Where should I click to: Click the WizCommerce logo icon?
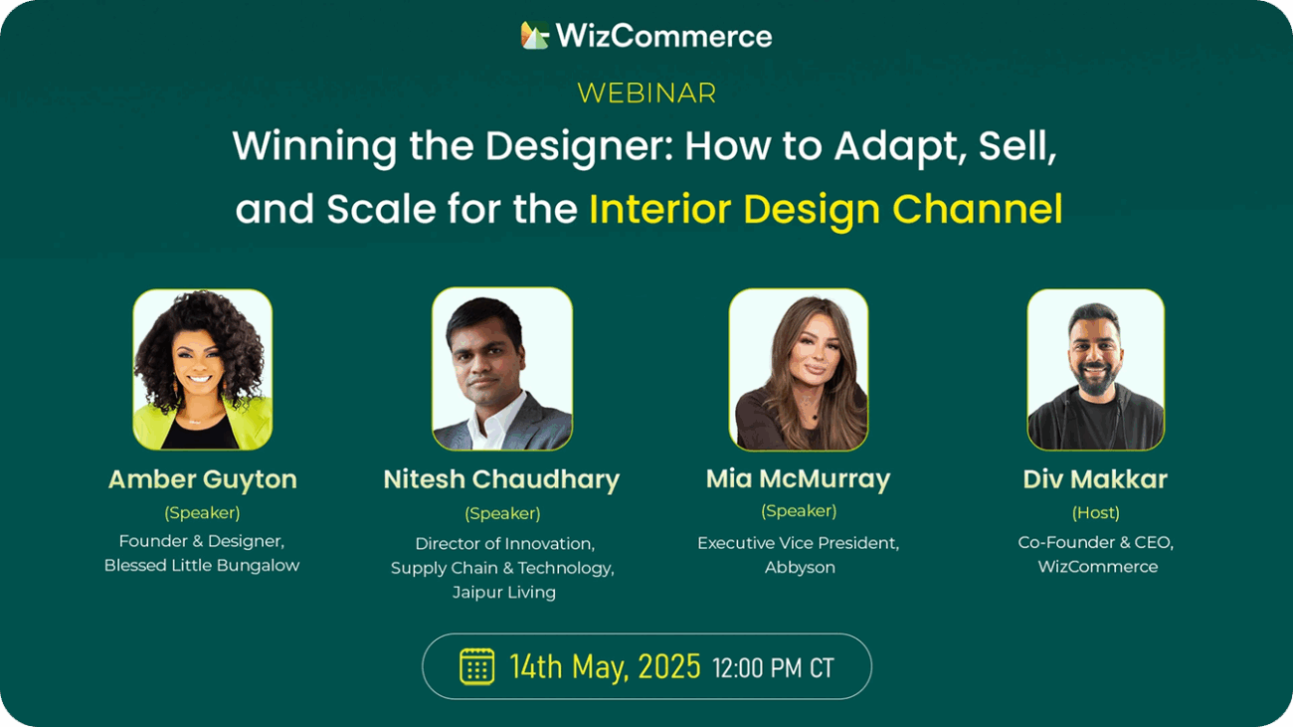tap(534, 35)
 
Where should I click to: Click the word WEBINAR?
tap(646, 93)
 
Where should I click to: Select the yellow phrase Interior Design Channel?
tap(826, 210)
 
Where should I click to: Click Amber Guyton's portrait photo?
tap(203, 369)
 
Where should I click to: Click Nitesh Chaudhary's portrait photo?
tap(502, 369)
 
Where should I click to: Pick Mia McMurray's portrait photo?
tap(799, 369)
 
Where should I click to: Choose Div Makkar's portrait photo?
tap(1096, 369)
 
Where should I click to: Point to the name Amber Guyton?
tap(203, 480)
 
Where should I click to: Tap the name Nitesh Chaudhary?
tap(501, 480)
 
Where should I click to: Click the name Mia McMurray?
tap(799, 479)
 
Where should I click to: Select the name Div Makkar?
tap(1096, 479)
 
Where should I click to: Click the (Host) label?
tap(1096, 512)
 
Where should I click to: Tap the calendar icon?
tap(476, 666)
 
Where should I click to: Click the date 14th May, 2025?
tap(605, 667)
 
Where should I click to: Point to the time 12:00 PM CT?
tap(774, 668)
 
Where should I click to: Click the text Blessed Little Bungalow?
tap(202, 566)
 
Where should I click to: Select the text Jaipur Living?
tap(504, 593)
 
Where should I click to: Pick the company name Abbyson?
tap(800, 568)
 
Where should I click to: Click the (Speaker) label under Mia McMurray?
tap(799, 510)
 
